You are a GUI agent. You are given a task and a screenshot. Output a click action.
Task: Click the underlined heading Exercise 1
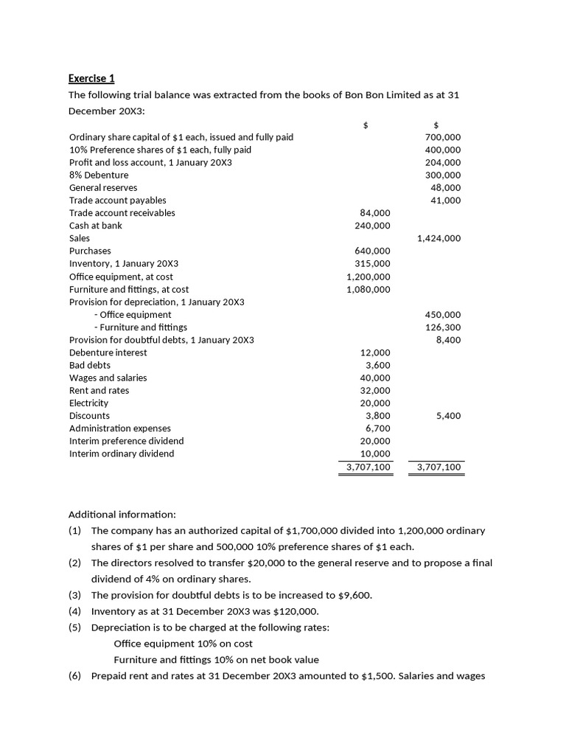(91, 78)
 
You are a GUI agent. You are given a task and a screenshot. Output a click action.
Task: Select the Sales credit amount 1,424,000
(439, 238)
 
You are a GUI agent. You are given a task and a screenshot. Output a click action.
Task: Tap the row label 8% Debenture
(99, 175)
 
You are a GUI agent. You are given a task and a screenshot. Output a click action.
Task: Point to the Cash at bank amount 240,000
(373, 226)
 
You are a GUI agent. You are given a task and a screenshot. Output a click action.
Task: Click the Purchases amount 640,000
(373, 251)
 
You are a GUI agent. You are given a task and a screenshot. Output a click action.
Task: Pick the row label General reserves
(103, 187)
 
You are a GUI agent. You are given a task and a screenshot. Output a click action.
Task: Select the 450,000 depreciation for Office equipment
(443, 314)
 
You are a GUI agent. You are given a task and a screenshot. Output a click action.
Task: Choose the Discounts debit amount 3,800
(378, 415)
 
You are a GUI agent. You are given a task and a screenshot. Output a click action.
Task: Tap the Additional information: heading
(122, 514)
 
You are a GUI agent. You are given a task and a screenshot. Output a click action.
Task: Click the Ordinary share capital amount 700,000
(443, 137)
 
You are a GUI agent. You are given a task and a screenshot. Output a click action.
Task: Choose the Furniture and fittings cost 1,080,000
(368, 289)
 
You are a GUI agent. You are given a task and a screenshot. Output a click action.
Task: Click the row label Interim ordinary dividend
(122, 453)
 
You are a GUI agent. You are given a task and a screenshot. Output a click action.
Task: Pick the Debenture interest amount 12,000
(375, 352)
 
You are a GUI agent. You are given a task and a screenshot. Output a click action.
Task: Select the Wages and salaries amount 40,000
(375, 377)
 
